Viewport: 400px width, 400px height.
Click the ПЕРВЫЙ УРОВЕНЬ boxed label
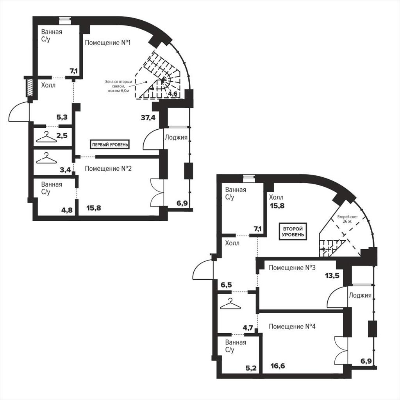(110, 145)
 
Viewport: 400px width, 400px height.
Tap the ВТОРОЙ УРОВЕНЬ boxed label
(293, 232)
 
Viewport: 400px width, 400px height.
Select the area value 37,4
(148, 118)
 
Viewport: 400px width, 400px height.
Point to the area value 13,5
(332, 275)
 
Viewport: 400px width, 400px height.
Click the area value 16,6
(278, 366)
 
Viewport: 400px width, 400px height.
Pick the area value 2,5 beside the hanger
(62, 136)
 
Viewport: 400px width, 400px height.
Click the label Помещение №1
(108, 43)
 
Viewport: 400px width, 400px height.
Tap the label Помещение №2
(108, 169)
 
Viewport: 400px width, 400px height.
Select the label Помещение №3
(292, 268)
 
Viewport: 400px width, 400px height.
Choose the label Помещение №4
(292, 327)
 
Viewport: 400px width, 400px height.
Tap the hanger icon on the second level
(230, 304)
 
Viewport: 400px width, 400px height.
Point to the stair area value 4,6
(173, 94)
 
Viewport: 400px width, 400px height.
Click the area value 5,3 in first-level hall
(62, 117)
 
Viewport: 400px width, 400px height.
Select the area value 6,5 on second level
(226, 285)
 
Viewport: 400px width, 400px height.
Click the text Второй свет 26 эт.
(347, 219)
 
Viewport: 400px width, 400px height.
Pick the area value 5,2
(251, 368)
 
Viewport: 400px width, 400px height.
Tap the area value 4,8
(67, 210)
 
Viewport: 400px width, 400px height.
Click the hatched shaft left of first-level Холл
(30, 87)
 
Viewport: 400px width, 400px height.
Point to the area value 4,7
(248, 328)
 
